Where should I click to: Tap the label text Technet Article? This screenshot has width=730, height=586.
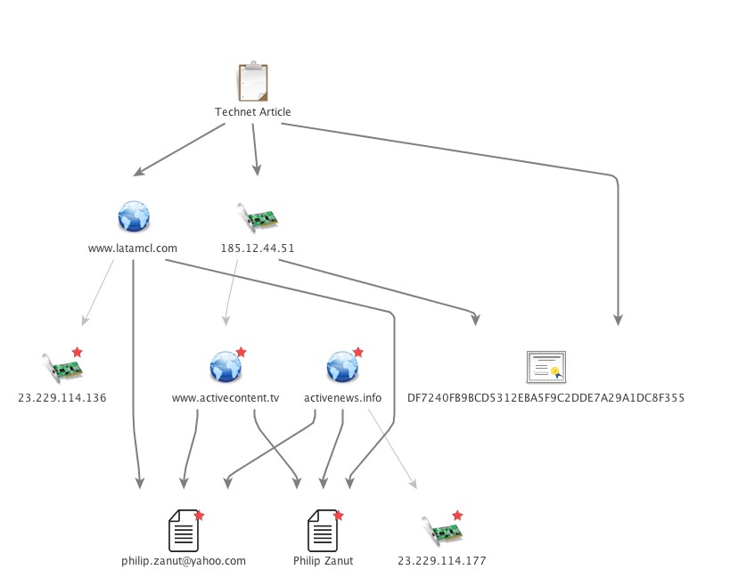(x=253, y=112)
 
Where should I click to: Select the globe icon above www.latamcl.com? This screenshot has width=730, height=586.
(x=134, y=216)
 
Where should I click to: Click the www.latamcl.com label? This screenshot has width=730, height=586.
(x=133, y=248)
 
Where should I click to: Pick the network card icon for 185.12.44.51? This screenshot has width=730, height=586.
(x=258, y=217)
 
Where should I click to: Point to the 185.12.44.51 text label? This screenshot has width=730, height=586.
(x=258, y=248)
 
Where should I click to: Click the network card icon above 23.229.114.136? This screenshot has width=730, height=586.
(x=62, y=367)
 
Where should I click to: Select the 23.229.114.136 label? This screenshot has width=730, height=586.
(x=62, y=398)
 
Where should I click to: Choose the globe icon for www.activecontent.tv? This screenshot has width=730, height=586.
(x=225, y=366)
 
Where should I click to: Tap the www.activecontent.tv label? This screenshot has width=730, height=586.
(x=226, y=398)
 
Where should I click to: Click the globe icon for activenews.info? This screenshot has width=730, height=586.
(x=342, y=366)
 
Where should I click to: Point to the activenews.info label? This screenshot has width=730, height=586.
(x=343, y=398)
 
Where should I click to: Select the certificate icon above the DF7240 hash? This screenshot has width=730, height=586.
(x=545, y=366)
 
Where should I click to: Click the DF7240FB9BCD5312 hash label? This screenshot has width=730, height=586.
(x=545, y=398)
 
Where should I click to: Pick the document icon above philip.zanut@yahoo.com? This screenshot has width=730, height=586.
(x=183, y=531)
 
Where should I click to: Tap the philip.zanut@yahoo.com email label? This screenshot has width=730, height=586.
(x=184, y=561)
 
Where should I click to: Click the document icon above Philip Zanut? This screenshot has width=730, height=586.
(x=322, y=531)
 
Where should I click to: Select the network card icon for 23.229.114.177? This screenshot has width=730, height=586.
(x=441, y=531)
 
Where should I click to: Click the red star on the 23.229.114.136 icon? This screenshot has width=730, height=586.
(x=77, y=353)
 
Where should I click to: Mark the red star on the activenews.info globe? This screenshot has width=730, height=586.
(x=358, y=352)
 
